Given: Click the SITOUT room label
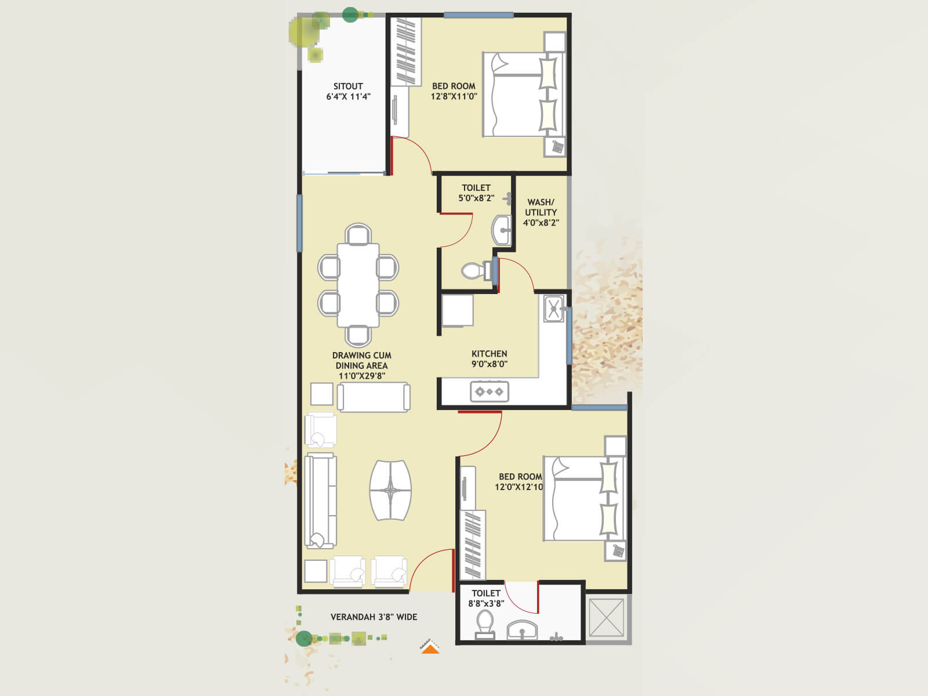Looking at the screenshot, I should click(348, 86).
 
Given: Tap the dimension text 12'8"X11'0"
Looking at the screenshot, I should click(454, 97).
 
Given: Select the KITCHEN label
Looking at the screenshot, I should click(489, 354).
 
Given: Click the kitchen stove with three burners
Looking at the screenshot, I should click(490, 391).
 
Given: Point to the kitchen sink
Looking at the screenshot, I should click(554, 309).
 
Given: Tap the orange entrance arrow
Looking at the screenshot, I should click(430, 648).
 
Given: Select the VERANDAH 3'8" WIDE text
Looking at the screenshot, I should click(374, 617).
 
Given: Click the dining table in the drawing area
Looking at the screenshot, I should click(358, 285).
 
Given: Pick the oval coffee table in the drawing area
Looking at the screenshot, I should click(390, 491).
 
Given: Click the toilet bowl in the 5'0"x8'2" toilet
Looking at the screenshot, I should click(477, 270).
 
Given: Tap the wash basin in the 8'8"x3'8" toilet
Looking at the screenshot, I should click(522, 630).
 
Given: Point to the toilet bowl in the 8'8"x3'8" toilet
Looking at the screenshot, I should click(484, 623).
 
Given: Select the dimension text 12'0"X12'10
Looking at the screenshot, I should click(519, 487).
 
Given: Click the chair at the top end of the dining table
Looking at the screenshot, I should click(358, 235).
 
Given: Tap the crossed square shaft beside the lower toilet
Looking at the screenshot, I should click(606, 618).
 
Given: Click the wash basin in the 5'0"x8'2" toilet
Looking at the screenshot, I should click(501, 230).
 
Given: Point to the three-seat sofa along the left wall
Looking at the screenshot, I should click(320, 500).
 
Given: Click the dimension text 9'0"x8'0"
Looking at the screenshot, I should click(489, 364).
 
